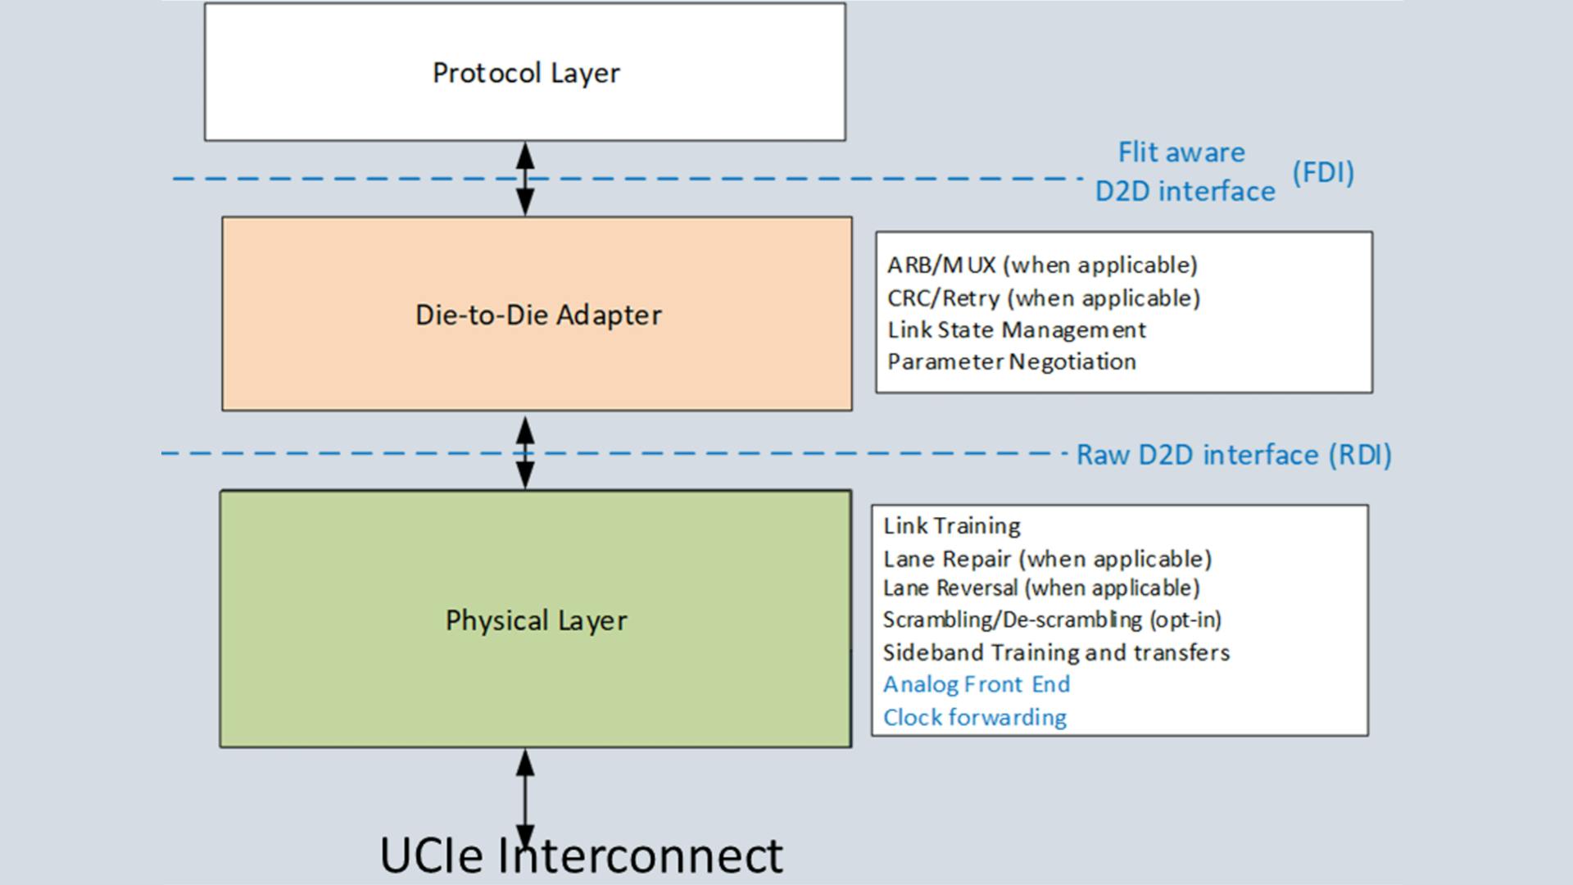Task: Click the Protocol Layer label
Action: [526, 73]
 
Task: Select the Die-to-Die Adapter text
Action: [538, 315]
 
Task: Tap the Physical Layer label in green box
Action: [537, 620]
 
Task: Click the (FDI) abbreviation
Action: [1323, 172]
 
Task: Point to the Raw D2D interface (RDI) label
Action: [1233, 455]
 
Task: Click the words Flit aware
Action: [1181, 152]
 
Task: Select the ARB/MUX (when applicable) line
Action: [1042, 265]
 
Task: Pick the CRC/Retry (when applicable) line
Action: [1043, 298]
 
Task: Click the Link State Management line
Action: [1017, 330]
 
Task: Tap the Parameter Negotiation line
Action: [1012, 362]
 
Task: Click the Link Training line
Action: [952, 526]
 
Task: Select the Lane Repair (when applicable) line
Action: [1047, 560]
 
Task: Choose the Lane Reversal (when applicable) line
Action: [1040, 588]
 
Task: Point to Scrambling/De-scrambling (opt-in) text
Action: [1052, 620]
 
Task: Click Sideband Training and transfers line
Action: [1056, 653]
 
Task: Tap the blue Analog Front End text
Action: [977, 684]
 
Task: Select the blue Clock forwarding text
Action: [975, 718]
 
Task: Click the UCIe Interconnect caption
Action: [582, 855]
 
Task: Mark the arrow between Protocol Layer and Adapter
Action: [525, 179]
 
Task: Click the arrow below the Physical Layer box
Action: [525, 795]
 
